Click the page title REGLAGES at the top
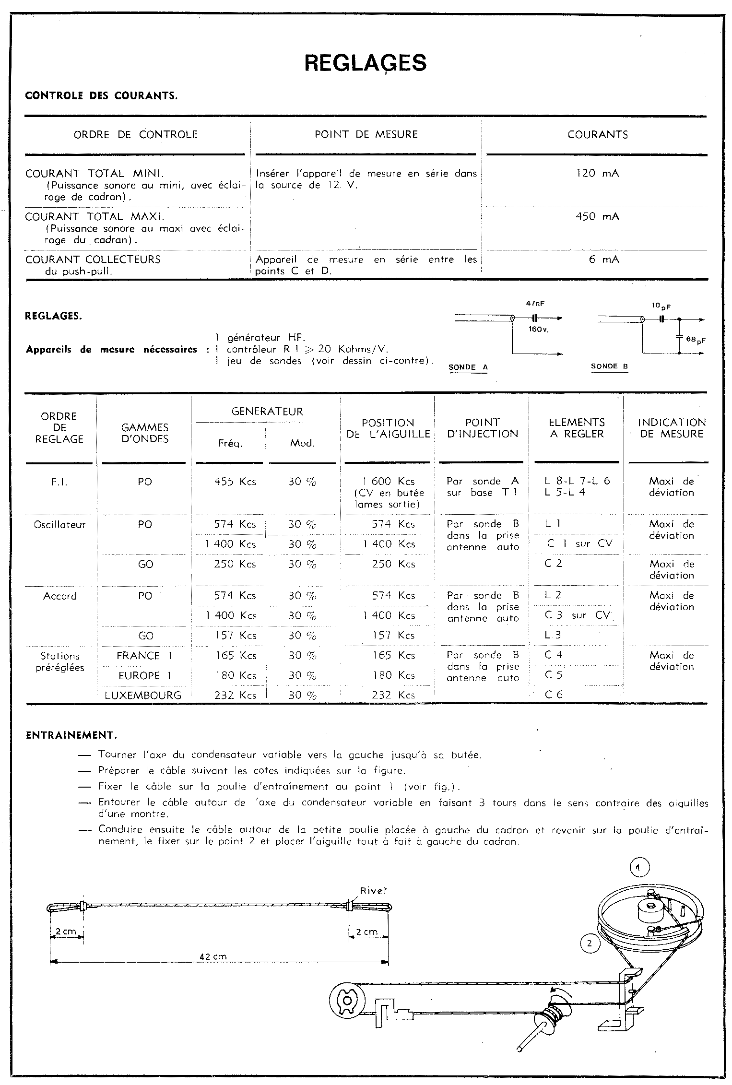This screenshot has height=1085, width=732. click(x=366, y=63)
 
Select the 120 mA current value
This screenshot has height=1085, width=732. click(x=597, y=174)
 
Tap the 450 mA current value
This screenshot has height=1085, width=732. click(x=597, y=217)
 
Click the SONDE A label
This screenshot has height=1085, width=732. click(x=468, y=367)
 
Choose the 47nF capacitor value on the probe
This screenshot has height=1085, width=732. click(x=535, y=304)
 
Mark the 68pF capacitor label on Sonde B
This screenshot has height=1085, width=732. click(x=696, y=339)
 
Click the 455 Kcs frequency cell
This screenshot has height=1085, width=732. click(x=235, y=482)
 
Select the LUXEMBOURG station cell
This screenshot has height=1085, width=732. click(x=143, y=695)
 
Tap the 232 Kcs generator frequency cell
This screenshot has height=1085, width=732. click(x=235, y=695)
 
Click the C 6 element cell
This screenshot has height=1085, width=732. click(x=554, y=695)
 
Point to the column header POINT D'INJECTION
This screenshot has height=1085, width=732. click(x=483, y=428)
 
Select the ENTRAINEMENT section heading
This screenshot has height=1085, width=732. click(x=71, y=735)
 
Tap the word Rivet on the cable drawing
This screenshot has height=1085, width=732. click(x=373, y=891)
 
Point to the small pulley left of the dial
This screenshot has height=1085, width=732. click(x=345, y=1000)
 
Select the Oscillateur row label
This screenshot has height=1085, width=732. click(x=59, y=525)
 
